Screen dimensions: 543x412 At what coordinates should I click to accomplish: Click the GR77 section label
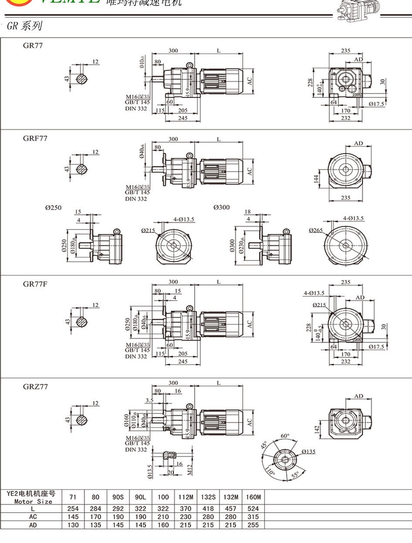tap(33, 45)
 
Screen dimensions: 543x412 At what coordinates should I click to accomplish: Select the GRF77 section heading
tap(35, 138)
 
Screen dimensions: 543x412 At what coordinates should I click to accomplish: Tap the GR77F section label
tap(35, 284)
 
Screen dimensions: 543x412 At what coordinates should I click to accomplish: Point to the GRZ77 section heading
tap(35, 386)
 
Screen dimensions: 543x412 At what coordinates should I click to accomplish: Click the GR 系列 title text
tap(24, 26)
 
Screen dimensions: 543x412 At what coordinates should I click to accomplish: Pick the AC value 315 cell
tap(253, 517)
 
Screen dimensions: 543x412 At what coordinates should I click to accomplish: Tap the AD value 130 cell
tap(72, 525)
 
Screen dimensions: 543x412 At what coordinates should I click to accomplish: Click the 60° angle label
tap(285, 436)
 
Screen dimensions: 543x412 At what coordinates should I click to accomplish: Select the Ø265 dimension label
tap(316, 230)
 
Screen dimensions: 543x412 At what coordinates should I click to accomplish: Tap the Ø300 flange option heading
tap(221, 207)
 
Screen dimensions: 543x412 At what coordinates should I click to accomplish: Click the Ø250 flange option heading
tap(53, 208)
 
